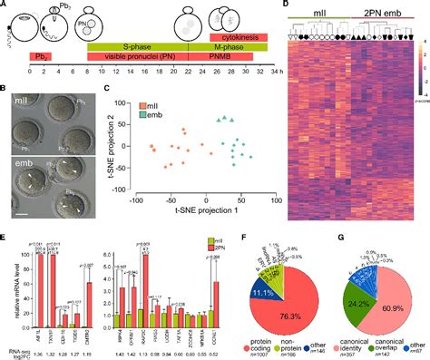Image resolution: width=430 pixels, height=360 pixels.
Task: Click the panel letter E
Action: coord(5,235)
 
